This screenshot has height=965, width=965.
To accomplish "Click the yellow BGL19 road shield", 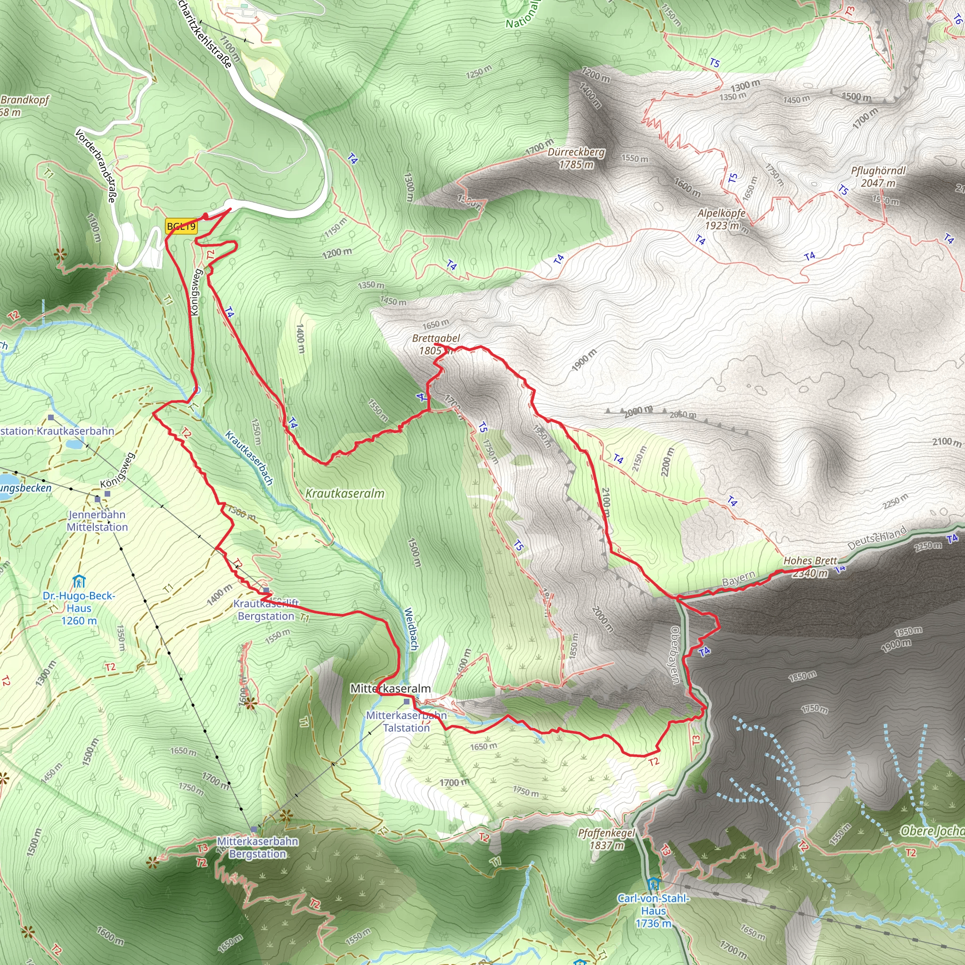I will (181, 226).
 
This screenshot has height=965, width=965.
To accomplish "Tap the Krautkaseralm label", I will (344, 493).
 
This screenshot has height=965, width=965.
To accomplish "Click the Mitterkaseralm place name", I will (390, 689).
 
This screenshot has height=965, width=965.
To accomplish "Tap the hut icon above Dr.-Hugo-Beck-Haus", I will (79, 581).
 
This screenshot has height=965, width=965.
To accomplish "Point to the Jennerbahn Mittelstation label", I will (98, 521).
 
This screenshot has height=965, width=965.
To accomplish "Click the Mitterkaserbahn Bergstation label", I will (257, 848).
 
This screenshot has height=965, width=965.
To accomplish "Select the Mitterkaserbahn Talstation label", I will (406, 722).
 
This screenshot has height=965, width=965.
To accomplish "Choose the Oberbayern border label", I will (675, 655).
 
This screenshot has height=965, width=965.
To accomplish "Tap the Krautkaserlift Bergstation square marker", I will (266, 590).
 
